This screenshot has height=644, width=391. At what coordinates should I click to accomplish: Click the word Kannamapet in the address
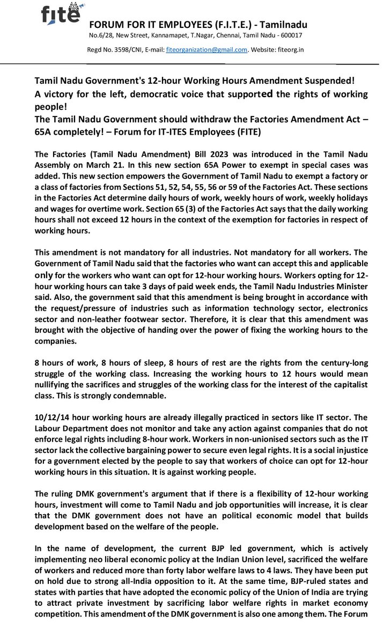point(169,36)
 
